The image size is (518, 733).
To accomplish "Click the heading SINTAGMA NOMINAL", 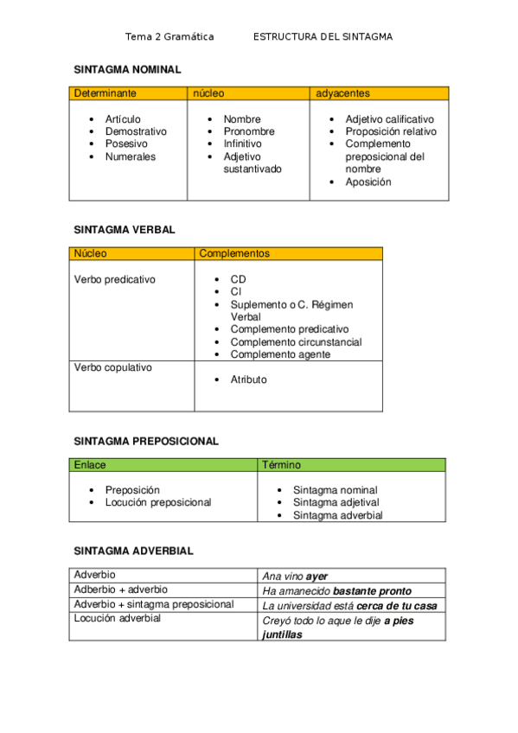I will [x=127, y=68].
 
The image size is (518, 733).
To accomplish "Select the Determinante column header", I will [x=103, y=92].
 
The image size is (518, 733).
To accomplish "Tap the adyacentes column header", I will [x=343, y=92].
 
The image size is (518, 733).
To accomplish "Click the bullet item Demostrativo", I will [x=136, y=131].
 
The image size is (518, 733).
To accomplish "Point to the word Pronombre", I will [x=249, y=131].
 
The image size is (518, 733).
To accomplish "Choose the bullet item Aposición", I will [x=368, y=182].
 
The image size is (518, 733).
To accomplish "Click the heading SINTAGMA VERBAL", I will [x=125, y=230].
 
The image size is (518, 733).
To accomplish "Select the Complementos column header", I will [x=234, y=253].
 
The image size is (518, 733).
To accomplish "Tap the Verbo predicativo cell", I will [x=115, y=280].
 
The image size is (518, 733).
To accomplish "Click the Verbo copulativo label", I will [x=113, y=367].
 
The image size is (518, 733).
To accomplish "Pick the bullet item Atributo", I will [x=248, y=379].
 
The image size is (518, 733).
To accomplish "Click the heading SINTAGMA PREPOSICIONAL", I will [x=146, y=441].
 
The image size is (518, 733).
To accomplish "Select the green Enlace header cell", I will [x=90, y=465].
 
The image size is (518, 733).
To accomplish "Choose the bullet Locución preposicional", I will [x=157, y=502].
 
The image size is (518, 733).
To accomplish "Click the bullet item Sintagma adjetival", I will [x=336, y=502].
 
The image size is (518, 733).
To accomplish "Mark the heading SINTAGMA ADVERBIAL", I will [x=133, y=551].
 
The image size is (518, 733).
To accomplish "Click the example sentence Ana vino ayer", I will [x=295, y=576].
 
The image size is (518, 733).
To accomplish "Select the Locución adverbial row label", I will [x=118, y=618].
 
